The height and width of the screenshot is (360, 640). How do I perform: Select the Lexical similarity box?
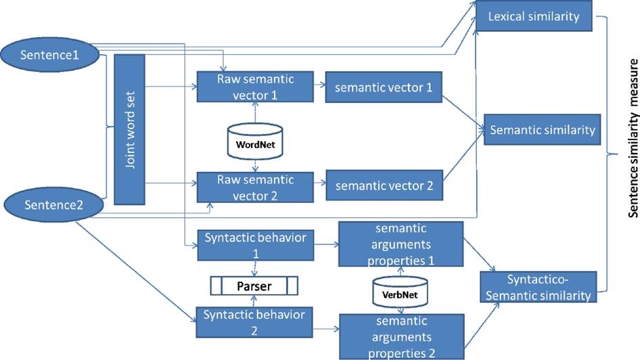(534, 16)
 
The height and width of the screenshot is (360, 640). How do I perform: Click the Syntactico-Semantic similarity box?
(539, 286)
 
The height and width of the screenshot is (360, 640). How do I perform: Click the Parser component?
(254, 286)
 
